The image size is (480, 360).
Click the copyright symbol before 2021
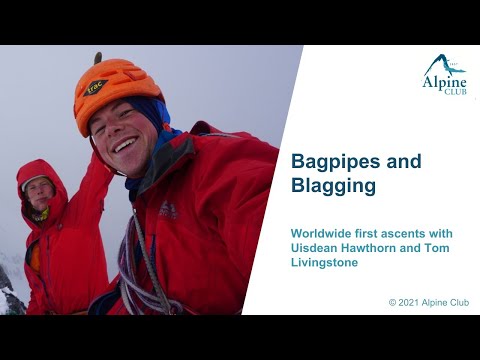click(x=393, y=302)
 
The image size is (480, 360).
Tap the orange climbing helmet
click(x=115, y=90)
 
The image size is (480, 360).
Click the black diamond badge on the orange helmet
click(x=97, y=87)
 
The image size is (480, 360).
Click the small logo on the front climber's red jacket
click(x=168, y=209)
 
